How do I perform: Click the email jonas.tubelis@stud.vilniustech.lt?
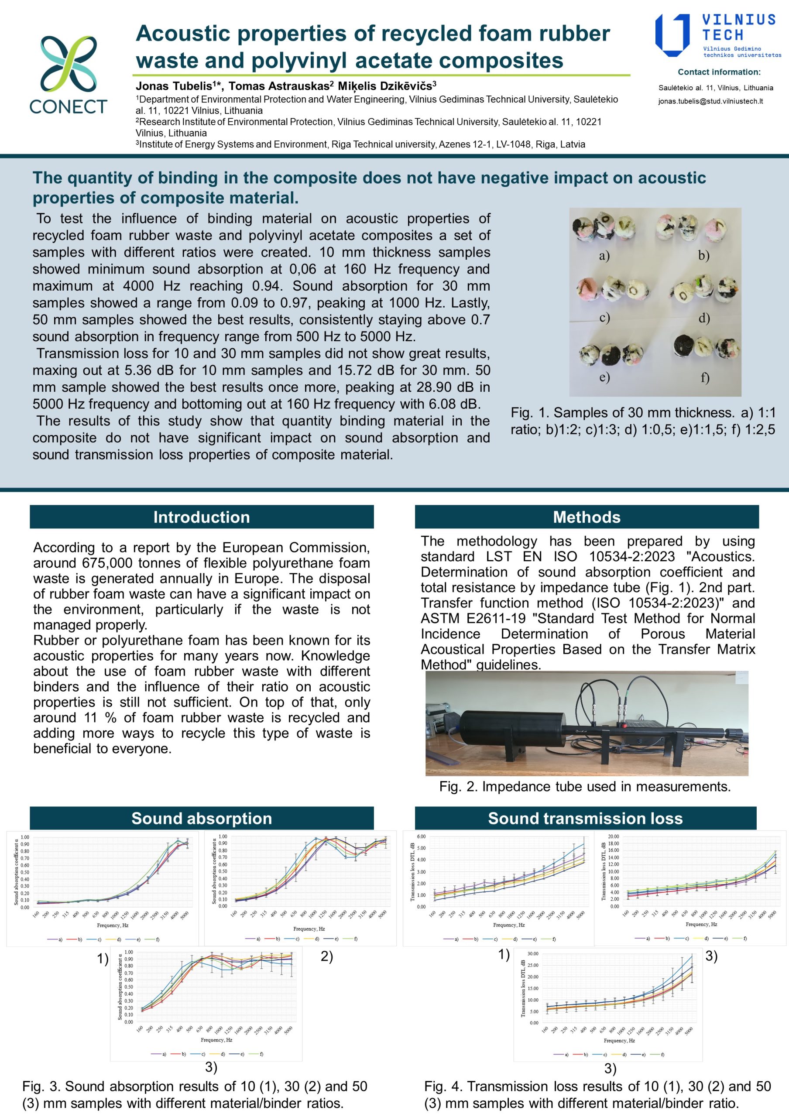(x=710, y=102)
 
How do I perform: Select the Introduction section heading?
(x=201, y=517)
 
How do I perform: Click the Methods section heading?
(x=586, y=517)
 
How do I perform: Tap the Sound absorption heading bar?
(x=201, y=818)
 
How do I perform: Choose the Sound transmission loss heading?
(x=585, y=818)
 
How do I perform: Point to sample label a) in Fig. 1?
(x=604, y=256)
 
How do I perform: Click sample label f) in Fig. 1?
(x=705, y=377)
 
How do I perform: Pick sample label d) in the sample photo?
(x=704, y=318)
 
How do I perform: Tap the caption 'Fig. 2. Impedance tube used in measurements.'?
(x=585, y=787)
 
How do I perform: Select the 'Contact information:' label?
(x=719, y=72)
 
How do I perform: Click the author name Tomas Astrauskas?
(x=279, y=86)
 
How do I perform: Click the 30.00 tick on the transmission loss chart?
(x=533, y=953)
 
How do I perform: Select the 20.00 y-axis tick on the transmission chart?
(x=614, y=836)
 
